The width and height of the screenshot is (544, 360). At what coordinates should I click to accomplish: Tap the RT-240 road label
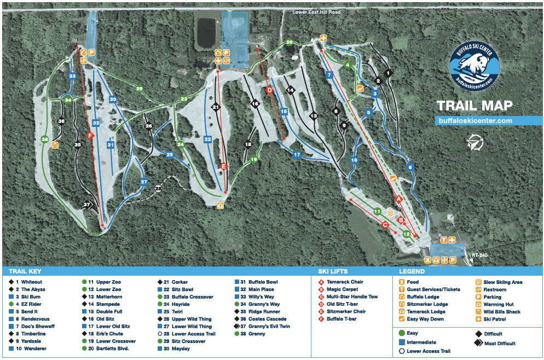[x=478, y=254]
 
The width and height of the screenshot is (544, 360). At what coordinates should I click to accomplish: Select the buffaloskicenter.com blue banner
[x=474, y=120]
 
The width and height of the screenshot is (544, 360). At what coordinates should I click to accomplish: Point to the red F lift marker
[x=91, y=136]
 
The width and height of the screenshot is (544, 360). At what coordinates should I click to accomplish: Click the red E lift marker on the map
[x=223, y=166]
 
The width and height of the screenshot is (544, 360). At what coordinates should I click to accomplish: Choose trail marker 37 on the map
[x=86, y=205]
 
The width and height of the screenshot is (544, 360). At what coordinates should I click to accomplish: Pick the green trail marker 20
[x=289, y=43]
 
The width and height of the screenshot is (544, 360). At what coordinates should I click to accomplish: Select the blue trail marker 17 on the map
[x=297, y=155]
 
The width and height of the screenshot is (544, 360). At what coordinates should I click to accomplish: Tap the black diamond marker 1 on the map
[x=388, y=73]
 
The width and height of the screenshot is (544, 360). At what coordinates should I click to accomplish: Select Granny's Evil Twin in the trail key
[x=269, y=326]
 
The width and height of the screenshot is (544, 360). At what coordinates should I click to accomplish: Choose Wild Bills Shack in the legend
[x=502, y=312]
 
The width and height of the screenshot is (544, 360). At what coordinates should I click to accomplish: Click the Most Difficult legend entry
[x=498, y=344]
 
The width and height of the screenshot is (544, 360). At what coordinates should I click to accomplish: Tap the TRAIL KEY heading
[x=25, y=271]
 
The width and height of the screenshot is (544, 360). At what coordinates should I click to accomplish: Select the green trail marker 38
[x=44, y=139]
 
